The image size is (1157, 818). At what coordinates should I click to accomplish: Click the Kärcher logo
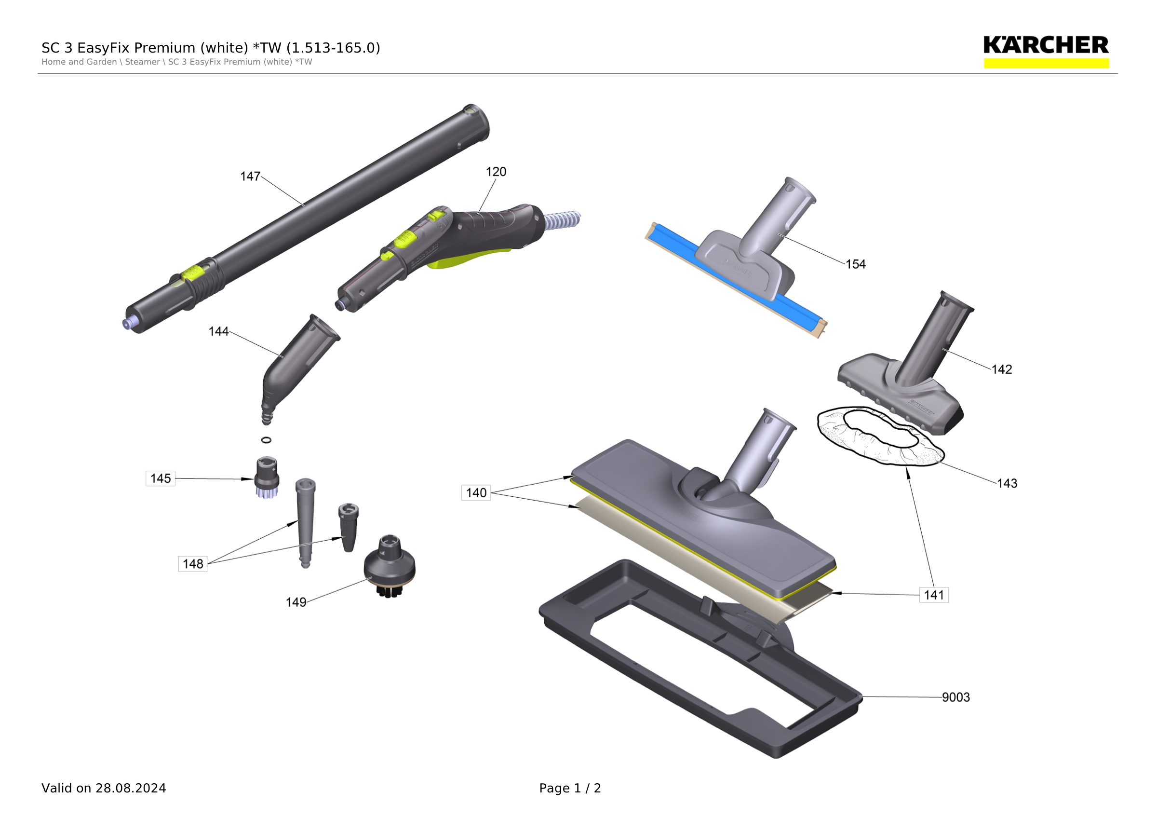1046,52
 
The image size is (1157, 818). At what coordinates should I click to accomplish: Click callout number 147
250,177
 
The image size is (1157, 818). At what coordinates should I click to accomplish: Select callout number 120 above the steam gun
496,172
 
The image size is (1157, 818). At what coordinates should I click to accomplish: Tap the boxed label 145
160,478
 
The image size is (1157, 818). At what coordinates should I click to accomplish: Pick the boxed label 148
192,563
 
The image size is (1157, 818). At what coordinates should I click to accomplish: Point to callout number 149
296,602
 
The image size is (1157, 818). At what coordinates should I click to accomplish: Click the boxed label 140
476,492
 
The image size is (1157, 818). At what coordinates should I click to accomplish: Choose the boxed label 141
934,595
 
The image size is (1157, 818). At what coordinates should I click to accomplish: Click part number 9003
956,697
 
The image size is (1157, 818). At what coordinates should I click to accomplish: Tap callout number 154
856,264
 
